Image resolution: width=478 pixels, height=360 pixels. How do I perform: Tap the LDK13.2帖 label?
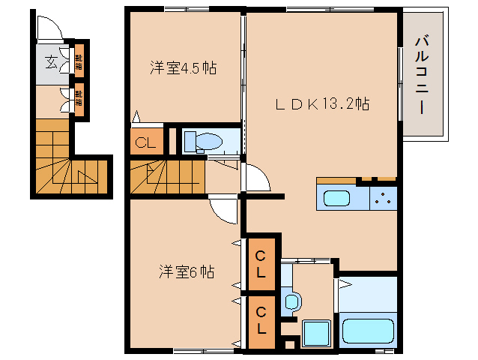coord(321,104)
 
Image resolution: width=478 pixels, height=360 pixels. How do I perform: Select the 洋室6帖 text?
coord(187,271)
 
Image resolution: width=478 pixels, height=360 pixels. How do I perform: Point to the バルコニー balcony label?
coord(421,73)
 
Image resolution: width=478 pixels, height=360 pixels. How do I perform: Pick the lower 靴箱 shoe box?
coord(79,99)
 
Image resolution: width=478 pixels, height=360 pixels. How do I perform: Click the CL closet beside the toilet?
coord(145,142)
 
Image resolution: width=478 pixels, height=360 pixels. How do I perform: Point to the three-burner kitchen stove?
coord(384,199)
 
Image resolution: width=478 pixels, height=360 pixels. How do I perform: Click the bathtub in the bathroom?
coord(368,330)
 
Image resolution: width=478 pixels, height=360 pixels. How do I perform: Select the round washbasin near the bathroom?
coord(292,302)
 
